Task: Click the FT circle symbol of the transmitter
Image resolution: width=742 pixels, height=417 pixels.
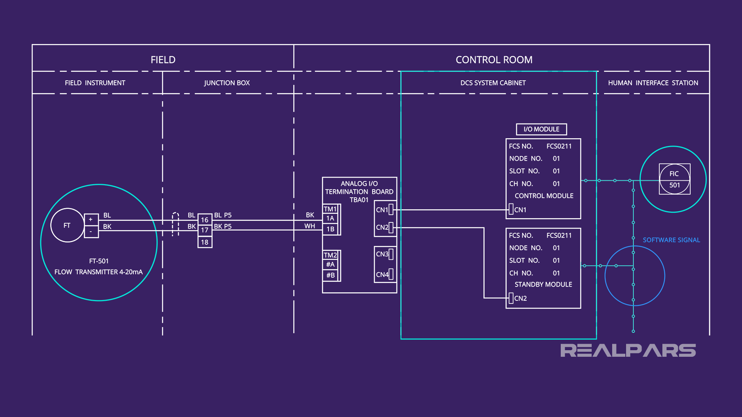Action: (x=67, y=225)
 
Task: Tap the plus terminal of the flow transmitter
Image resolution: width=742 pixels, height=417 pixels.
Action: (x=91, y=219)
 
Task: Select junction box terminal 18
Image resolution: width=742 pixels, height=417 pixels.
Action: (x=204, y=242)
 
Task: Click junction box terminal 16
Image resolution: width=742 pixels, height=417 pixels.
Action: (x=204, y=220)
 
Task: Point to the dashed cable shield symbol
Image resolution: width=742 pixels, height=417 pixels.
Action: (x=175, y=224)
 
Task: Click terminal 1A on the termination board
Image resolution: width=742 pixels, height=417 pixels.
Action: (x=330, y=218)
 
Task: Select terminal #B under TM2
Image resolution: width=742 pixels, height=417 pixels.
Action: (x=330, y=275)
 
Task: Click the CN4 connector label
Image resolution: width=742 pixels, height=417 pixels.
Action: (x=382, y=275)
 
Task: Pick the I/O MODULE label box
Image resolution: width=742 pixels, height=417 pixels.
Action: (x=541, y=129)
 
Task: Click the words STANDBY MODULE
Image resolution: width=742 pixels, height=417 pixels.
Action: (x=543, y=285)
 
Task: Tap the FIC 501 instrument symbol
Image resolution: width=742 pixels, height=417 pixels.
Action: (x=674, y=179)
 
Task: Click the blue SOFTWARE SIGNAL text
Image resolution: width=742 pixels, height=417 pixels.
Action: (x=671, y=240)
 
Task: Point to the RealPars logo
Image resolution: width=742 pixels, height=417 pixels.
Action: (x=628, y=350)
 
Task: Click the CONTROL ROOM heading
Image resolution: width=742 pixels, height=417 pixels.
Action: (x=494, y=60)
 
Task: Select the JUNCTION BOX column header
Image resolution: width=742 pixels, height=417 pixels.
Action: (x=227, y=83)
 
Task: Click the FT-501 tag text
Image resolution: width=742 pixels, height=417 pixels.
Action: (x=99, y=261)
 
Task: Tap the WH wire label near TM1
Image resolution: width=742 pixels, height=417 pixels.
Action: (x=310, y=226)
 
